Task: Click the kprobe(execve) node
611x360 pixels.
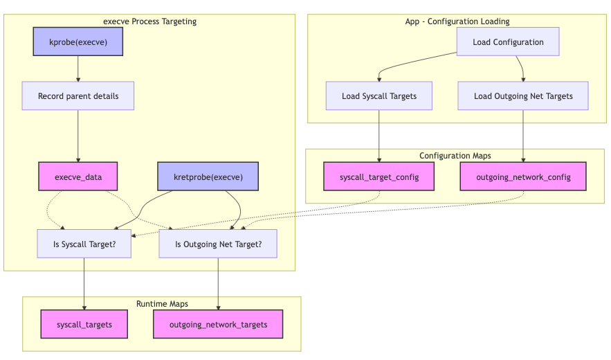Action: [x=77, y=42]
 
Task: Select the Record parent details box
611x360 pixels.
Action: [x=77, y=96]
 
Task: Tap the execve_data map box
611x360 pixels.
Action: [x=77, y=177]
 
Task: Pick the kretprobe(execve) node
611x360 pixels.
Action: [x=208, y=177]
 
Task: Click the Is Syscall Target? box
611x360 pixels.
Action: [x=84, y=244]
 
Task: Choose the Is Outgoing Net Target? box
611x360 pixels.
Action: [x=218, y=244]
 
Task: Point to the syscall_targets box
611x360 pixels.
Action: [x=84, y=325]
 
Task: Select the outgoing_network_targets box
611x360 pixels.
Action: [x=218, y=325]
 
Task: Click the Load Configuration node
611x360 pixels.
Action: [x=508, y=42]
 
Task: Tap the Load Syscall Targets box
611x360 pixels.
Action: [x=379, y=96]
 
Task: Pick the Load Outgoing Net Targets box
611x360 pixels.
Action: [x=523, y=96]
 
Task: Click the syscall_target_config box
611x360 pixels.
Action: [x=379, y=177]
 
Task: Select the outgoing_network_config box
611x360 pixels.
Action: [x=523, y=177]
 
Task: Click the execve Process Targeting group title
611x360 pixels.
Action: [x=149, y=21]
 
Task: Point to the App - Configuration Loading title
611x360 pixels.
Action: [x=457, y=21]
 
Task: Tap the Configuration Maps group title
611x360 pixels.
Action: [x=455, y=156]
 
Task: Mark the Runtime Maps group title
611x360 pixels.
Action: [x=162, y=304]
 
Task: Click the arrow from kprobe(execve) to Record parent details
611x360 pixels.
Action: [x=77, y=69]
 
